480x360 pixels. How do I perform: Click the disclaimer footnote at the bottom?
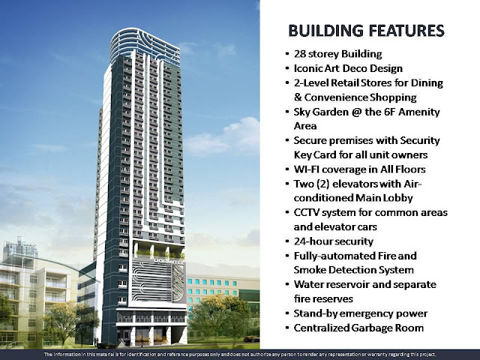click(240, 353)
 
